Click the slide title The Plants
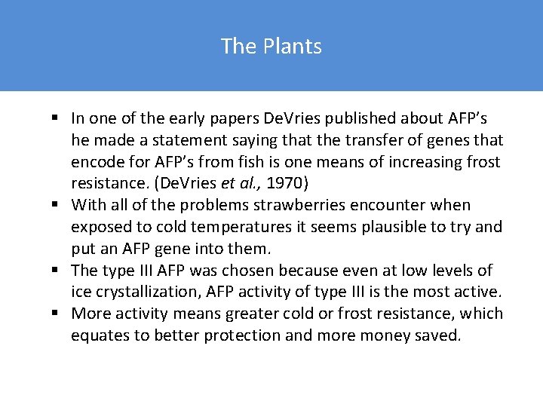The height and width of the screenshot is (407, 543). (271, 47)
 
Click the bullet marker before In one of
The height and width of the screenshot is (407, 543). (57, 118)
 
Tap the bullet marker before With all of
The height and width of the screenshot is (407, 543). (57, 205)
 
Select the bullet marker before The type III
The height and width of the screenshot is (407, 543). (57, 270)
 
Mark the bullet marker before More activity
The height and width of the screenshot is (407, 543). (57, 314)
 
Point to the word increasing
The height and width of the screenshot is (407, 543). (428, 162)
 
